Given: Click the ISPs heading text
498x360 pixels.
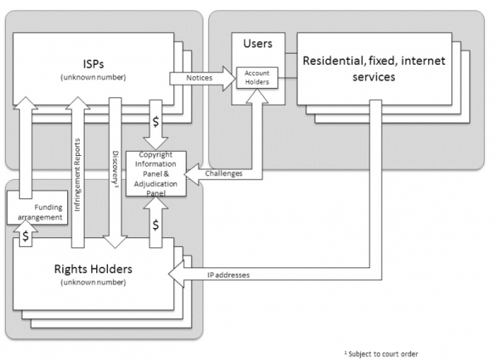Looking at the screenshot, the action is [x=93, y=64].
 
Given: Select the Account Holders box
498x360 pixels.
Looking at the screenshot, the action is [x=257, y=77].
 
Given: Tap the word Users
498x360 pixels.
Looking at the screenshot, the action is [x=258, y=43].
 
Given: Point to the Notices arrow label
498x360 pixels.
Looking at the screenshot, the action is [x=199, y=78].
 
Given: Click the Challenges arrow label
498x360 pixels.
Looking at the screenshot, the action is [x=223, y=173].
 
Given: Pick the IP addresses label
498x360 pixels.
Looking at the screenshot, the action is [x=228, y=275].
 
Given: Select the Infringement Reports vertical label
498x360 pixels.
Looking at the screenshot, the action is [x=77, y=175].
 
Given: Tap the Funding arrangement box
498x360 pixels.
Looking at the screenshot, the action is [x=37, y=207].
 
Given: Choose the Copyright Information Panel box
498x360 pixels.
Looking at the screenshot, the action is [x=156, y=173].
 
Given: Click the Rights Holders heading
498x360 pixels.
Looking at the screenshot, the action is [x=93, y=270].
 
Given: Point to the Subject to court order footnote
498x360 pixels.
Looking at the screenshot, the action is [x=381, y=353].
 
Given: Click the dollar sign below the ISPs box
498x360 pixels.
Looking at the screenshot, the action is [x=156, y=122].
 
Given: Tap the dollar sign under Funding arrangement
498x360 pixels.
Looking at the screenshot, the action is [x=26, y=236].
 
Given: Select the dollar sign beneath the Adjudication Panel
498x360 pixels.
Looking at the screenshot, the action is [x=156, y=225].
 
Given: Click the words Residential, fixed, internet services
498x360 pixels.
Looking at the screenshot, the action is [x=373, y=69].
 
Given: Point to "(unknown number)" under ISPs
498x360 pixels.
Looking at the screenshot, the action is [x=93, y=77].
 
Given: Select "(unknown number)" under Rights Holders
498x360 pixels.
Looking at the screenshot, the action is [x=93, y=282].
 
